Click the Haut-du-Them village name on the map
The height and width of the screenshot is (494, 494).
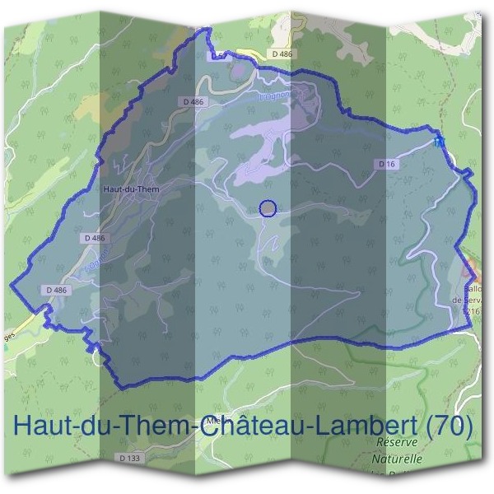click(132, 189)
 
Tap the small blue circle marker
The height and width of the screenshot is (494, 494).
click(267, 208)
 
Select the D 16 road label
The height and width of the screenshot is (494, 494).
click(387, 165)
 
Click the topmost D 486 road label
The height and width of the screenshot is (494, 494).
click(282, 54)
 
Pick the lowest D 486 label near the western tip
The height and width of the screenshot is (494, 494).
click(56, 290)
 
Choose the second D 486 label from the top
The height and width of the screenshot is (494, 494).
click(193, 102)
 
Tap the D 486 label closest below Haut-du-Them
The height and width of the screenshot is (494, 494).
click(96, 238)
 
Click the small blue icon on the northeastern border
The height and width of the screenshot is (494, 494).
click(440, 142)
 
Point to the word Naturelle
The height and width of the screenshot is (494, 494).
click(397, 459)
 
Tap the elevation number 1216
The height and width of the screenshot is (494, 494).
click(471, 312)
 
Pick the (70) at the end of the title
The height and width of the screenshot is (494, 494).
click(448, 426)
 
